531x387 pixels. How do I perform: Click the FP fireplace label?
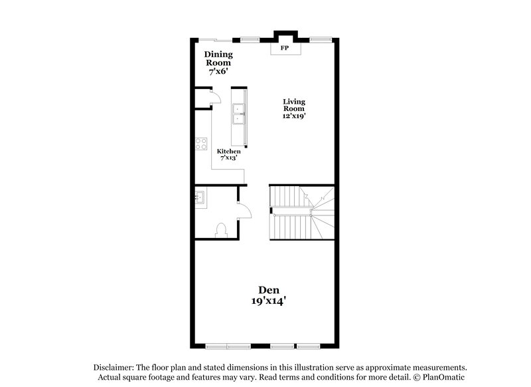(285, 49)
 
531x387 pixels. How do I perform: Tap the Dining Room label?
(218, 58)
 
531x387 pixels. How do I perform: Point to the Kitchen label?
(229, 152)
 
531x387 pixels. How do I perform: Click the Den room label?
(269, 290)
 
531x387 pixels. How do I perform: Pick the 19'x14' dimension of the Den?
(269, 301)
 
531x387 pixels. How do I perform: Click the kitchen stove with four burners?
(201, 144)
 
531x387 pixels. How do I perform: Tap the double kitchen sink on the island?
(238, 114)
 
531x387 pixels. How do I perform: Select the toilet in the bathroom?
(222, 229)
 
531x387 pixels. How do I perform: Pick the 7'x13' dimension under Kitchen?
(229, 159)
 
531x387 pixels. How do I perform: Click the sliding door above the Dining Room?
(212, 39)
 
